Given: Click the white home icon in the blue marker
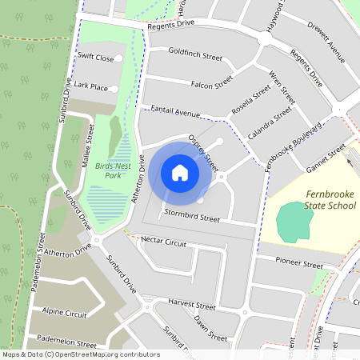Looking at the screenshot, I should click(180, 172).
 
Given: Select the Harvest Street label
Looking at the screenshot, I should click(192, 306).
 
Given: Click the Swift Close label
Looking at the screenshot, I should click(95, 58).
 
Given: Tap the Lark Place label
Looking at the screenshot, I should click(90, 86).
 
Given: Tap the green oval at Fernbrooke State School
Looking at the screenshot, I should click(294, 222).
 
